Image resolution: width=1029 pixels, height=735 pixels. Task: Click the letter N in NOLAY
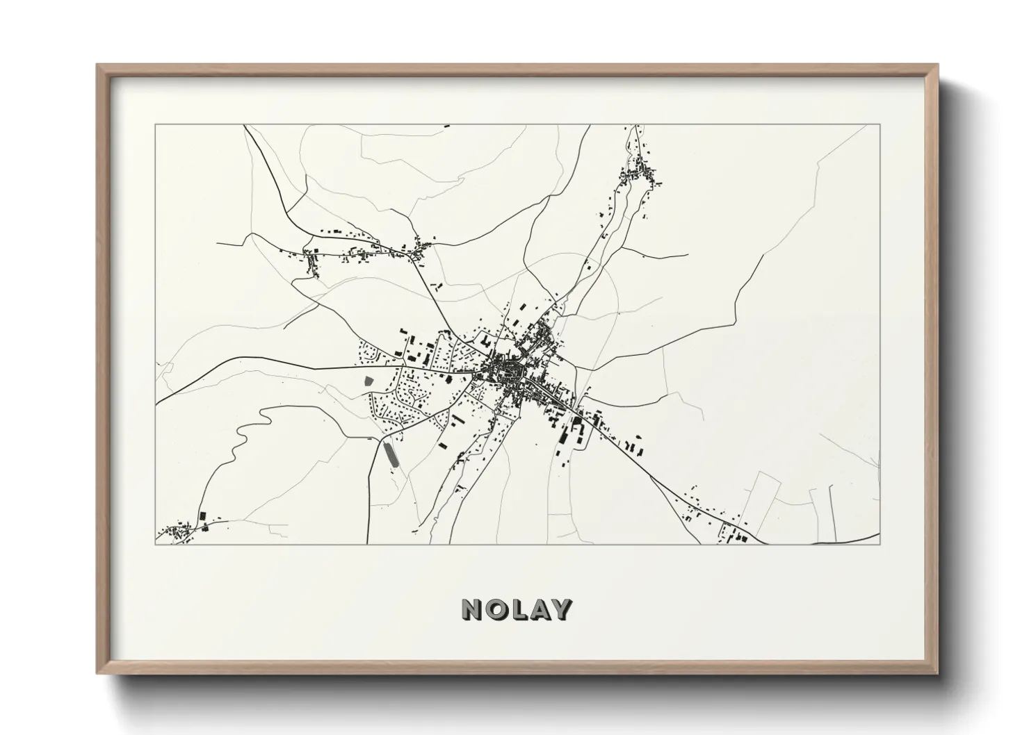[x=473, y=609]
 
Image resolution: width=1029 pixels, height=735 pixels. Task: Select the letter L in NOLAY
[x=517, y=609]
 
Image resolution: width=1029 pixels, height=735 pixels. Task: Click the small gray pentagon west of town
[x=368, y=381]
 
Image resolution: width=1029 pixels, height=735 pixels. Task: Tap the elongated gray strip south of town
[x=391, y=454]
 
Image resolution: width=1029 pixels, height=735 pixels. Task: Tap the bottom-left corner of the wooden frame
[x=98, y=672]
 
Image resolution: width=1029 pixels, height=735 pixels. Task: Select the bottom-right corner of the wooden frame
[x=937, y=672]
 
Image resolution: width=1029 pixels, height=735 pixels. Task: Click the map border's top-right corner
[x=880, y=125]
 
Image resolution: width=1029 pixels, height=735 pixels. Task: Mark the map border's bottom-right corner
[x=880, y=544]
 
